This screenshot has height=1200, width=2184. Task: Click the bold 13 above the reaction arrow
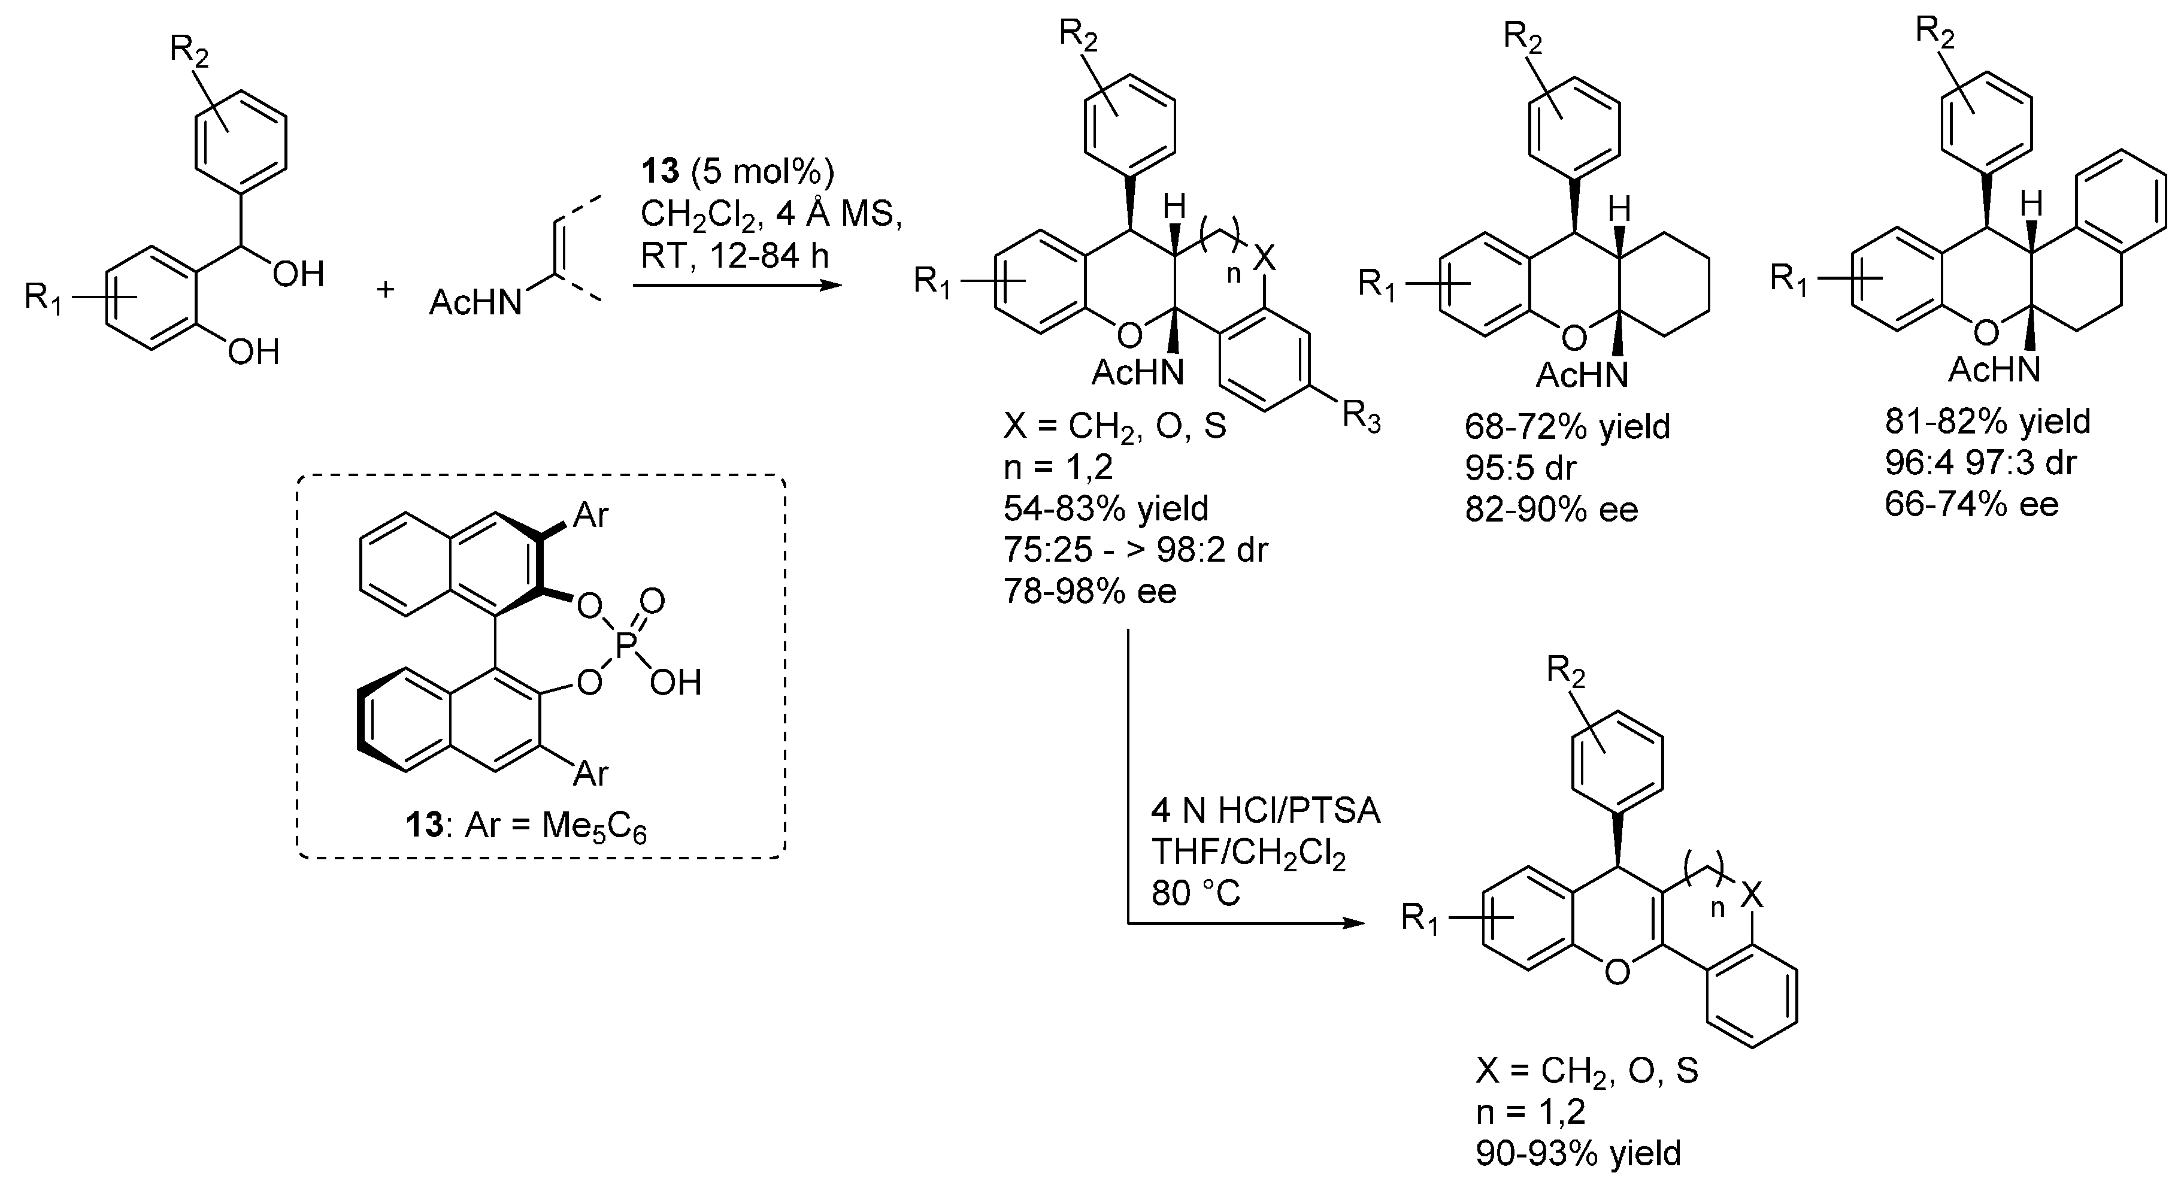661,172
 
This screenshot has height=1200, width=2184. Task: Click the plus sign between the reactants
386,290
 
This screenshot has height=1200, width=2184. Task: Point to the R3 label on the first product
1362,418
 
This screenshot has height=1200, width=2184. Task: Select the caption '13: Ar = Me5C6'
526,825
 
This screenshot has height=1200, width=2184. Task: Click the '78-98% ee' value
1091,590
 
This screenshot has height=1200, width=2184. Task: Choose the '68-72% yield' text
1567,426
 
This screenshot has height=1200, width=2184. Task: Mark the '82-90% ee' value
1552,509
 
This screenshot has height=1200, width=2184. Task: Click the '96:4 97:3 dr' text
1980,462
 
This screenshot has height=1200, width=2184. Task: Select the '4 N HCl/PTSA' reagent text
1265,811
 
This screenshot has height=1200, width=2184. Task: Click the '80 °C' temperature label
1195,893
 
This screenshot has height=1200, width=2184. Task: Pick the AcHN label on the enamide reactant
475,302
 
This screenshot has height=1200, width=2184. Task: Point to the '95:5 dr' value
1520,467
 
